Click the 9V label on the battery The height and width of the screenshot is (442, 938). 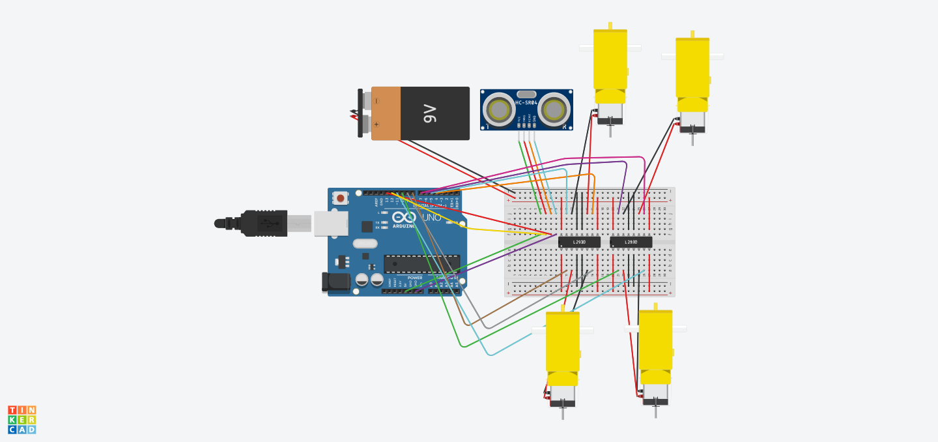pyautogui.click(x=430, y=114)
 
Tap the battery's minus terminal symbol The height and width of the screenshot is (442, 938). pyautogui.click(x=377, y=101)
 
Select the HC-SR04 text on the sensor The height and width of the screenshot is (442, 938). pyautogui.click(x=526, y=102)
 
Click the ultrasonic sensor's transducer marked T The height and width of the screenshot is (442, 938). pyautogui.click(x=499, y=110)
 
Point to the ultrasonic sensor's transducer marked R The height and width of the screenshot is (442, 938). pyautogui.click(x=554, y=110)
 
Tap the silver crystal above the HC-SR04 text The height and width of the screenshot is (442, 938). pyautogui.click(x=526, y=94)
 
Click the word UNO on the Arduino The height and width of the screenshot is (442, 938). pyautogui.click(x=431, y=217)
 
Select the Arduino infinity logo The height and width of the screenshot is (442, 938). pyautogui.click(x=404, y=216)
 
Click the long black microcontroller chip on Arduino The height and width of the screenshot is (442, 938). pyautogui.click(x=421, y=263)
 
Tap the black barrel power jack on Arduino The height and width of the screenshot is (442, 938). pyautogui.click(x=335, y=282)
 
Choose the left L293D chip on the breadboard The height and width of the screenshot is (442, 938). pyautogui.click(x=579, y=242)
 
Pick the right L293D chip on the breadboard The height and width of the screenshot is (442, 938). pyautogui.click(x=631, y=242)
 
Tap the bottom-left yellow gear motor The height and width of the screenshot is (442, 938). pyautogui.click(x=562, y=349)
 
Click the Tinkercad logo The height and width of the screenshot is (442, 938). pyautogui.click(x=21, y=420)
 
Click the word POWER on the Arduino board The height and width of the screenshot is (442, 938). pyautogui.click(x=415, y=278)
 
